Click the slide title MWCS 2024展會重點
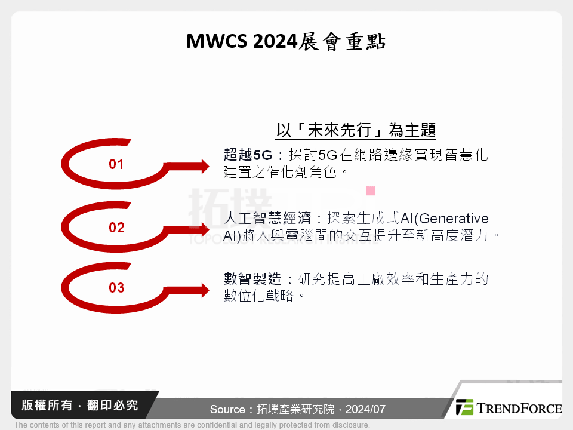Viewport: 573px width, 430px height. coord(286,42)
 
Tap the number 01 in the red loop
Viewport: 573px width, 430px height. coord(116,164)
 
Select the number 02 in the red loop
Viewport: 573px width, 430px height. coord(116,228)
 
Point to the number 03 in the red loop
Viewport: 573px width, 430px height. coord(116,288)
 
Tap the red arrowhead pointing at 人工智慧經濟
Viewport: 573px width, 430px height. coord(202,229)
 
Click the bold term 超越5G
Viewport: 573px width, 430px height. coord(248,155)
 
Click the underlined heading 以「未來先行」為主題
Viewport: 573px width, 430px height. coord(356,130)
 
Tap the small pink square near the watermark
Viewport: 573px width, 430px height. coord(370,191)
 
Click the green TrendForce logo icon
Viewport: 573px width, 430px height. coord(464,407)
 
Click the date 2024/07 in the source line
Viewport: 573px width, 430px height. coord(365,410)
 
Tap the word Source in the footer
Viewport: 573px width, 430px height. coord(227,410)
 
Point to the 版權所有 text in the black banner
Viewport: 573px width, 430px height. coord(45,406)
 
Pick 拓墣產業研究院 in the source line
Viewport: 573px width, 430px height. coord(295,410)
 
